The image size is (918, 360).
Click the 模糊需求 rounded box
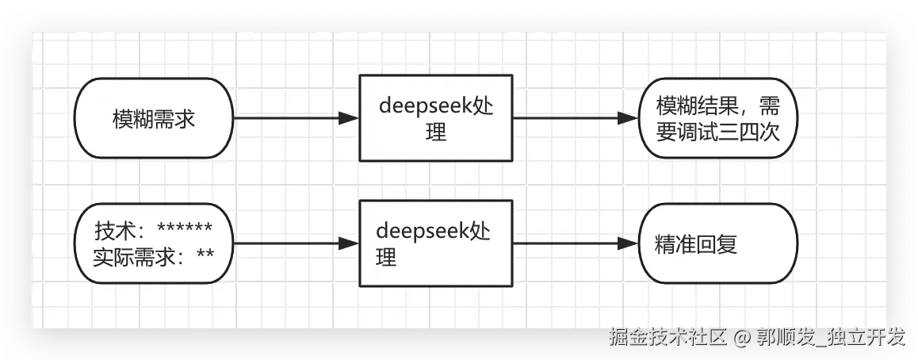tap(154, 119)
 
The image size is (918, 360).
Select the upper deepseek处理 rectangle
tap(435, 118)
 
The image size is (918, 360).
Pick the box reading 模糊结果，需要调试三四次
tap(717, 119)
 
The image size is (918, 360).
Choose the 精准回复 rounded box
tap(717, 243)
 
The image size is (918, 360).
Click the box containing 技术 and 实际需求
tap(154, 243)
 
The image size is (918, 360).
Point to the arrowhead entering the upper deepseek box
tap(349, 119)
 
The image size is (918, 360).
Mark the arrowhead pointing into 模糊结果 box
tap(629, 119)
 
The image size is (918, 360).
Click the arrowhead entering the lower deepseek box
tap(349, 243)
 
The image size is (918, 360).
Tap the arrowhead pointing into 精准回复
tap(629, 243)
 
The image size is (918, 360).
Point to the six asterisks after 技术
tap(184, 230)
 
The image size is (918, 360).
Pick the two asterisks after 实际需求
tap(205, 255)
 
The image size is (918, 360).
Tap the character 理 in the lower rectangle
tap(386, 257)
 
